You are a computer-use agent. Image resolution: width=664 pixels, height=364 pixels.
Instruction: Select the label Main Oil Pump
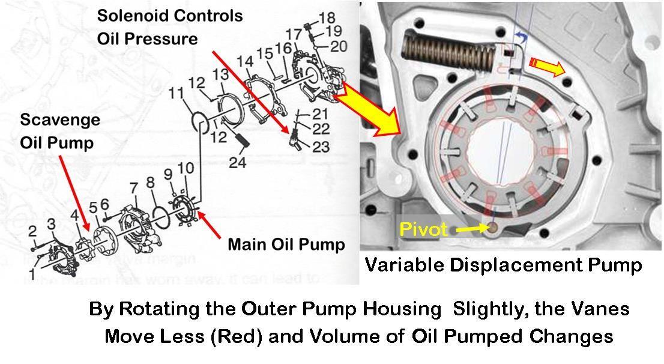click(x=286, y=244)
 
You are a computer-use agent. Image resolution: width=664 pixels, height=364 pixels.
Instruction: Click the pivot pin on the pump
click(x=493, y=228)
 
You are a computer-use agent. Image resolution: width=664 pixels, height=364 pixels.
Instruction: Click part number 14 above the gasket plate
click(x=244, y=61)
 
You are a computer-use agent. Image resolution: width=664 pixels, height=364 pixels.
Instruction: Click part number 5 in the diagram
click(x=93, y=209)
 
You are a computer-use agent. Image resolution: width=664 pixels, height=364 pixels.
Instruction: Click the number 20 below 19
click(x=338, y=46)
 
